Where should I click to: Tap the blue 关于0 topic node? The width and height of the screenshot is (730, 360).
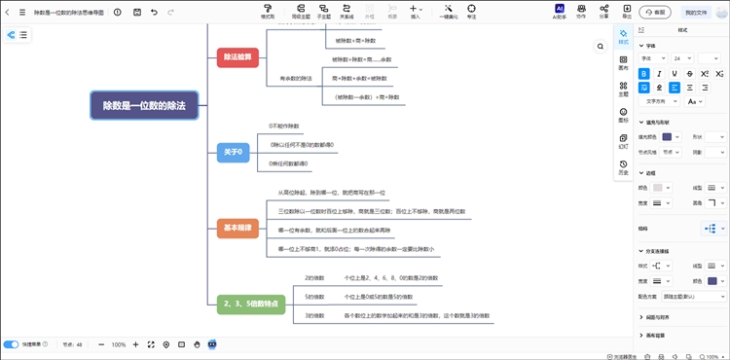(234, 151)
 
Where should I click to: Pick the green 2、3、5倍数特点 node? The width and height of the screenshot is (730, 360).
(251, 304)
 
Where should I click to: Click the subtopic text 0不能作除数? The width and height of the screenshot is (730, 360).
(284, 126)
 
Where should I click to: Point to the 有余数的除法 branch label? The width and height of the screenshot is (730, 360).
(297, 77)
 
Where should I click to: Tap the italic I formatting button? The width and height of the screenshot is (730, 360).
(660, 73)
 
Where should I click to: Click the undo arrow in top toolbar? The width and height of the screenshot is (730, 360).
(154, 13)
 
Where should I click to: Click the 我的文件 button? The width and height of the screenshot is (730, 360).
(695, 13)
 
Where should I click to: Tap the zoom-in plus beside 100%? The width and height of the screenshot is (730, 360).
(135, 344)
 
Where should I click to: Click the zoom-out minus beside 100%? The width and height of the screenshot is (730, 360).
(101, 344)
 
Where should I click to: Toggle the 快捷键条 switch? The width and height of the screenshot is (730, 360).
(12, 344)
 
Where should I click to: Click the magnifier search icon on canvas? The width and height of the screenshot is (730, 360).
(602, 46)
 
